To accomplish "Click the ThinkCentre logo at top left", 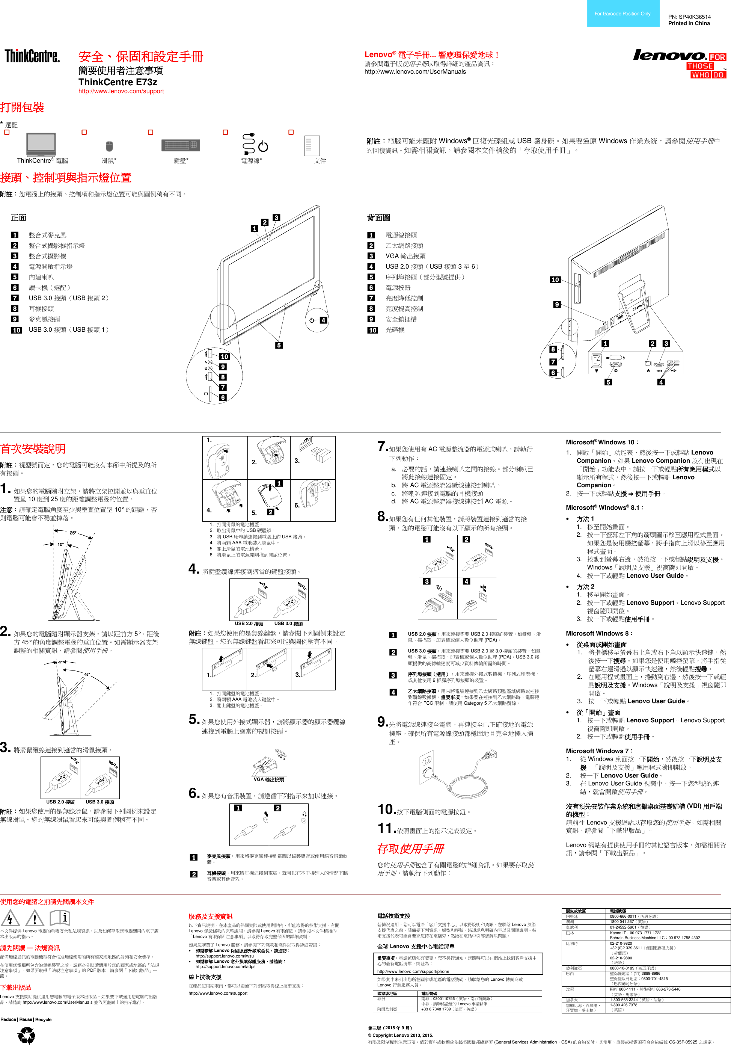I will (x=32, y=56).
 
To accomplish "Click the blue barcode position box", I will (x=623, y=14).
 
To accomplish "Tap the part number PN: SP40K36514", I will (x=689, y=17).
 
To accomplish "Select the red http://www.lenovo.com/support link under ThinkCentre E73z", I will (x=121, y=91).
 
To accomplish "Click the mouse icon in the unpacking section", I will (x=109, y=146).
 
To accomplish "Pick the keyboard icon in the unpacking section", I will (x=180, y=145).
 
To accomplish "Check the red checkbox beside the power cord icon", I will (x=225, y=132).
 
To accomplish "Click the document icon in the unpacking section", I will (x=312, y=146).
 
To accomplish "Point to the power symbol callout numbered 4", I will (x=318, y=320).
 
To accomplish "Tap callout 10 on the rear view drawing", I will (x=555, y=280).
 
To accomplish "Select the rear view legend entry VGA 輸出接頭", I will (x=405, y=256).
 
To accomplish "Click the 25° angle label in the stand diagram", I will (x=73, y=533).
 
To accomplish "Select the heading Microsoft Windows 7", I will (x=598, y=751).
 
